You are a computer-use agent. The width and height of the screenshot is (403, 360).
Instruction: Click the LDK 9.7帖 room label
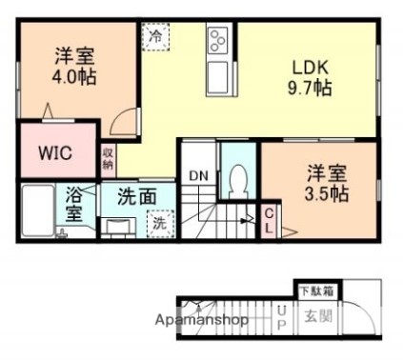[x=311, y=77]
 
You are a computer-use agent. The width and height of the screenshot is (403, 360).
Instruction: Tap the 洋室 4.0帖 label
[x=74, y=65]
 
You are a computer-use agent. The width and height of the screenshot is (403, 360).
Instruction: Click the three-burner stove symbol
[x=217, y=42]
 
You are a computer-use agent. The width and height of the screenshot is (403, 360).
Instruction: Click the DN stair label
[x=198, y=176]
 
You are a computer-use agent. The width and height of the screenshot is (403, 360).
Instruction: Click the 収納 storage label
[x=109, y=158]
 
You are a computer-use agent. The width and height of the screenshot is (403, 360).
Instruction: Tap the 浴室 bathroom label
[x=74, y=204]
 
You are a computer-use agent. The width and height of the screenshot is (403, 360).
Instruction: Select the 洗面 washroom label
[x=137, y=197]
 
